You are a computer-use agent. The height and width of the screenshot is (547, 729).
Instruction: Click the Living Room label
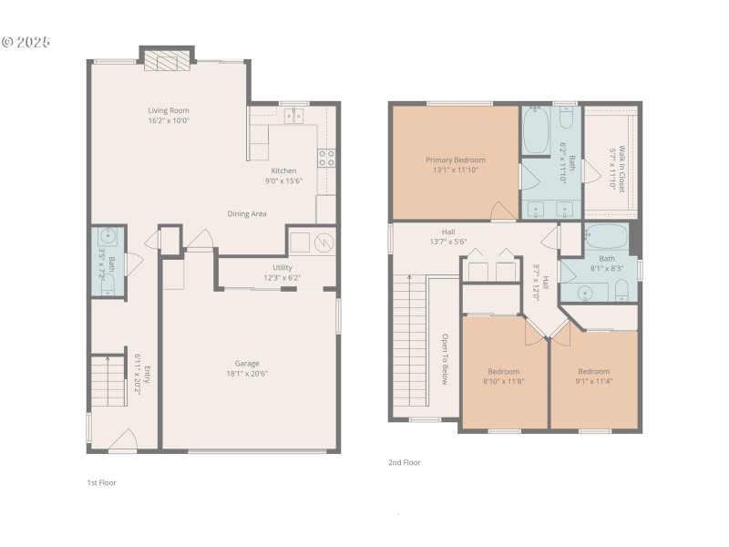click(169, 110)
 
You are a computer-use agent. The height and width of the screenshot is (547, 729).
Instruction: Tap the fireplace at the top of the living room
click(168, 61)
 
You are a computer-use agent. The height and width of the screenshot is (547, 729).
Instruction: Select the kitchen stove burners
click(326, 158)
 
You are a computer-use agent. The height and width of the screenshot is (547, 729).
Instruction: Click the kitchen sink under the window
click(294, 116)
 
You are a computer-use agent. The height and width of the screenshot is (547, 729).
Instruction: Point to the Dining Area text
click(247, 213)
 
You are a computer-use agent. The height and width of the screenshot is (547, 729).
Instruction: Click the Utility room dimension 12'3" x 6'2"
click(282, 277)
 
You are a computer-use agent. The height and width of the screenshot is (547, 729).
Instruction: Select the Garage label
click(247, 363)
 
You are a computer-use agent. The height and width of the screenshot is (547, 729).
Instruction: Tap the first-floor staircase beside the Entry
click(108, 381)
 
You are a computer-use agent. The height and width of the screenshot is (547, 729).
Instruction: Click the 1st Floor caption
click(101, 482)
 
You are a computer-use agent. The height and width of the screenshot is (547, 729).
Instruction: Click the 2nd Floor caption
click(405, 462)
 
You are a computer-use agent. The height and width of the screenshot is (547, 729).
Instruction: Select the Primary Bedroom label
click(456, 160)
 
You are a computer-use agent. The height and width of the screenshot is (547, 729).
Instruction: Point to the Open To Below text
click(445, 359)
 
